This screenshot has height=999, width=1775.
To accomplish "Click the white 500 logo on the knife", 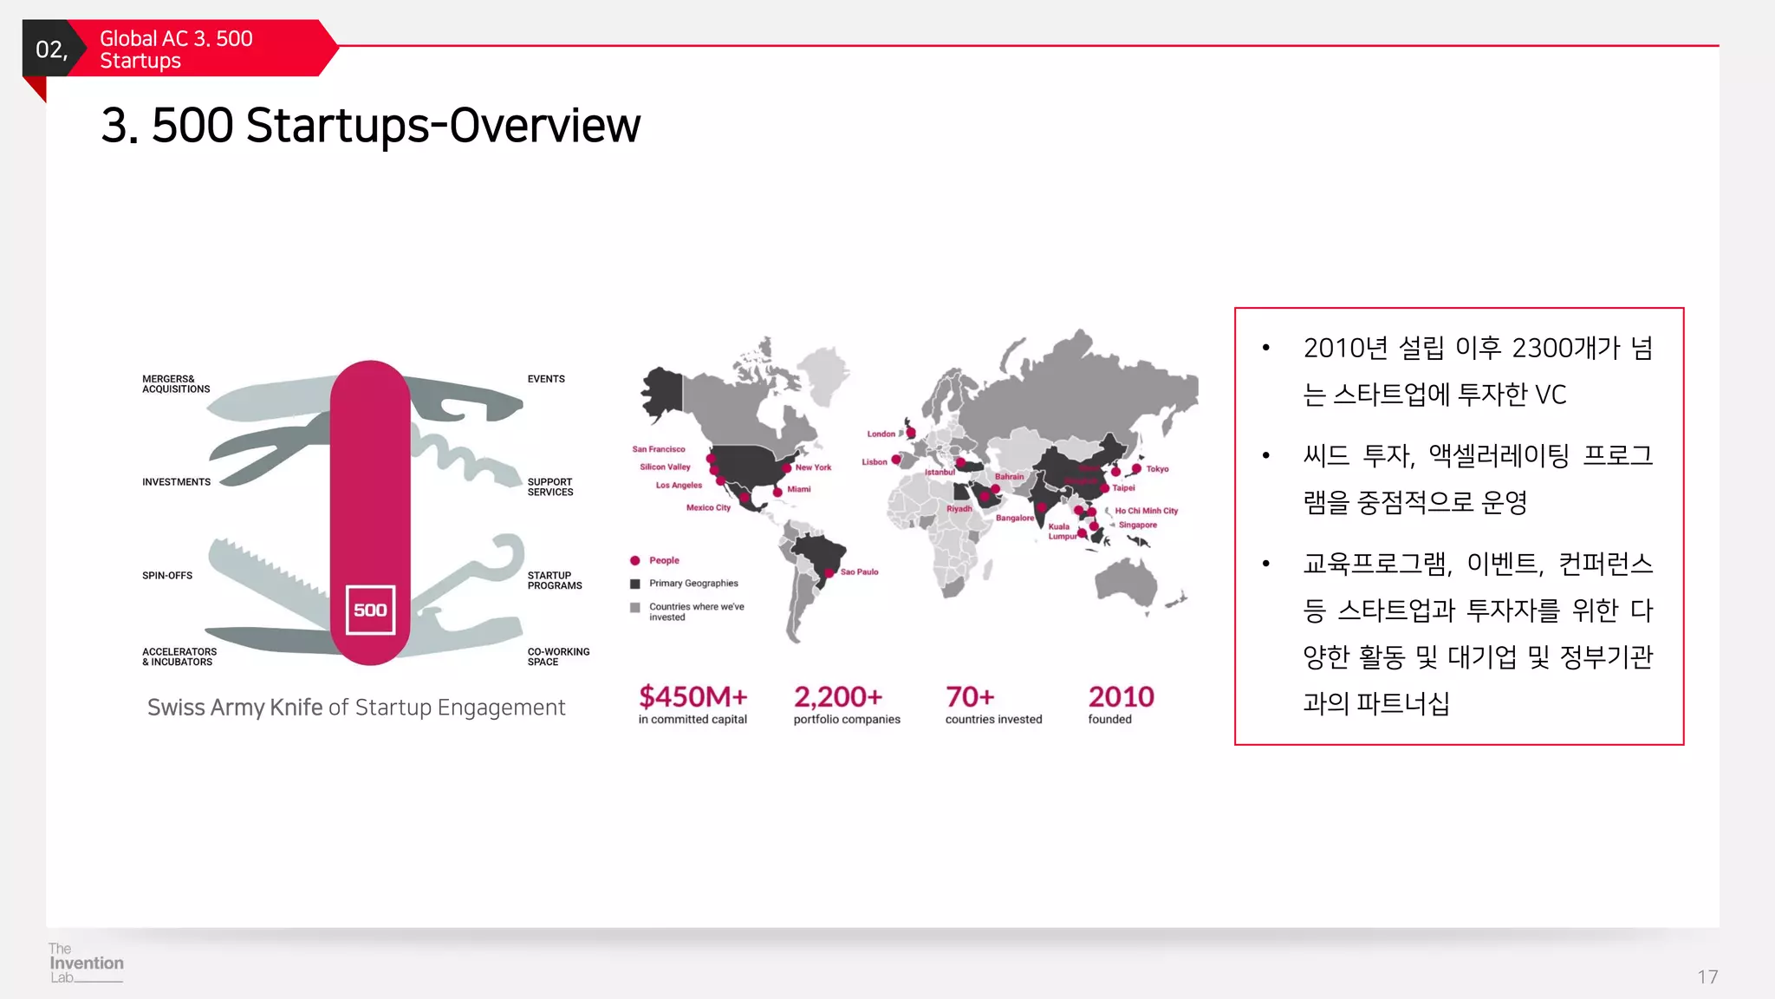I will [370, 610].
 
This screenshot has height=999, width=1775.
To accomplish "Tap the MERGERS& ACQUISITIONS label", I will [176, 384].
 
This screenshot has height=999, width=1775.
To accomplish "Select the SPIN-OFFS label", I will [167, 576].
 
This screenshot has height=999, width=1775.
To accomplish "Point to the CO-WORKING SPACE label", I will [557, 656].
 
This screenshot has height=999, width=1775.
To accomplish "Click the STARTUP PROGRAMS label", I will [555, 580].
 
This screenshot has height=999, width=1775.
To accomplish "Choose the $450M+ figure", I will [692, 696].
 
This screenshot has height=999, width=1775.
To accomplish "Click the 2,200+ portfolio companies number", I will [837, 696].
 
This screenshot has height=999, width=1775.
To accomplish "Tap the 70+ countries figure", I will [970, 696].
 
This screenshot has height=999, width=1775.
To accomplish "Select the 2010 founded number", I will [1121, 696].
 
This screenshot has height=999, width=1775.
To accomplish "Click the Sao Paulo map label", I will [859, 572].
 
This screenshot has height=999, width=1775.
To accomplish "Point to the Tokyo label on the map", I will [1157, 469].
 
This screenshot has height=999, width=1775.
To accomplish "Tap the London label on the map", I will [881, 434].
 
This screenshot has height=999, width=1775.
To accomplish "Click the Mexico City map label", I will [708, 508].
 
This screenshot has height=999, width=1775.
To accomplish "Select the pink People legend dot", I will [635, 561].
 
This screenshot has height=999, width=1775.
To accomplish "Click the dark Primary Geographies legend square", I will [635, 584].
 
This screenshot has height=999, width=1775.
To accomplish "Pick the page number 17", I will [1707, 977].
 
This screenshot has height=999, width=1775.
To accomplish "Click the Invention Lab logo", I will [86, 963].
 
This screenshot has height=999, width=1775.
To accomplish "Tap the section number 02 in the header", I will [51, 49].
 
